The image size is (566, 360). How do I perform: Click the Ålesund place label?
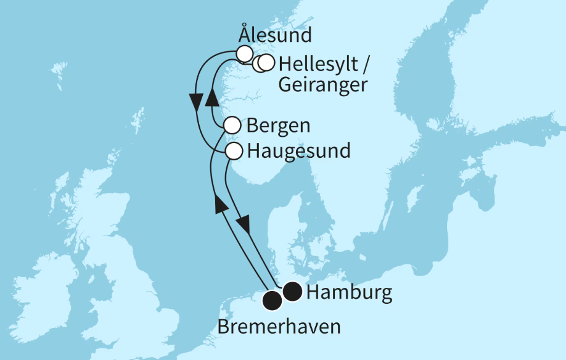[x=275, y=35]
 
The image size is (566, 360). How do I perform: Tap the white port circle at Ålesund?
[x=245, y=53]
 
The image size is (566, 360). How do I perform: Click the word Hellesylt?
[x=318, y=63]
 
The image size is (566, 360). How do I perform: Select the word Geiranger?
[x=322, y=84]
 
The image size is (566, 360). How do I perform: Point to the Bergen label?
[x=277, y=126]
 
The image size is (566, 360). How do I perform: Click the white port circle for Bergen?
[x=231, y=126]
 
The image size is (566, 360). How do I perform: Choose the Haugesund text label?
[x=298, y=150]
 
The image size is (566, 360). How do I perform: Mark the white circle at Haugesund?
[x=234, y=150]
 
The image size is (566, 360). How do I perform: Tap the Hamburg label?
[x=349, y=293]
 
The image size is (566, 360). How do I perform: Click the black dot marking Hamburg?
[x=292, y=292]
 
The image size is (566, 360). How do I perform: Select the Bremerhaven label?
[x=279, y=326]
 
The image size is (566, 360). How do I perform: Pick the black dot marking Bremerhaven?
[x=272, y=301]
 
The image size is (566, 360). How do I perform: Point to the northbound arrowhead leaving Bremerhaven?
[x=219, y=205]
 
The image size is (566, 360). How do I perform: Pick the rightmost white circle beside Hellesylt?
[x=266, y=63]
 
